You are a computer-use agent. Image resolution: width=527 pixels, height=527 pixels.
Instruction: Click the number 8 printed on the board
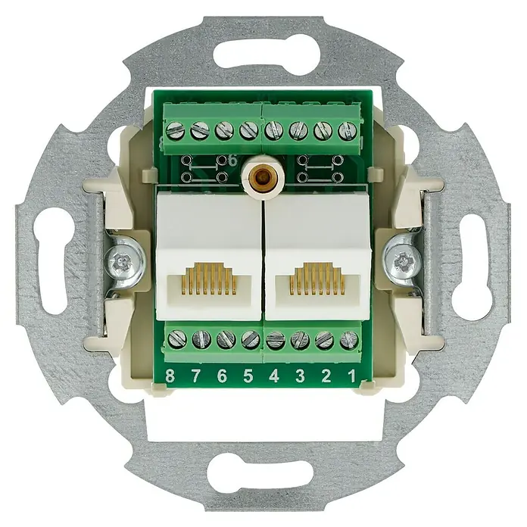tap(170, 376)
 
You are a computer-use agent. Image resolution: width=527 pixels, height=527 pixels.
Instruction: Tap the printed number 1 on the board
tap(351, 376)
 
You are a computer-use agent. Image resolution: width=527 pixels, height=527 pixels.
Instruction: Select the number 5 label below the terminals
tap(248, 376)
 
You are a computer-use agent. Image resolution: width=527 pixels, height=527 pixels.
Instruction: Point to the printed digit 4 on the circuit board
tap(274, 376)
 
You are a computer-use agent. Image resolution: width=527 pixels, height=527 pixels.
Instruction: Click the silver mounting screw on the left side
tap(124, 260)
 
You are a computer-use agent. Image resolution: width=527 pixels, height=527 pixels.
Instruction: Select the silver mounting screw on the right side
tap(404, 260)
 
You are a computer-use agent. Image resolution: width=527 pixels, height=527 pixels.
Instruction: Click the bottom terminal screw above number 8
tap(176, 339)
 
